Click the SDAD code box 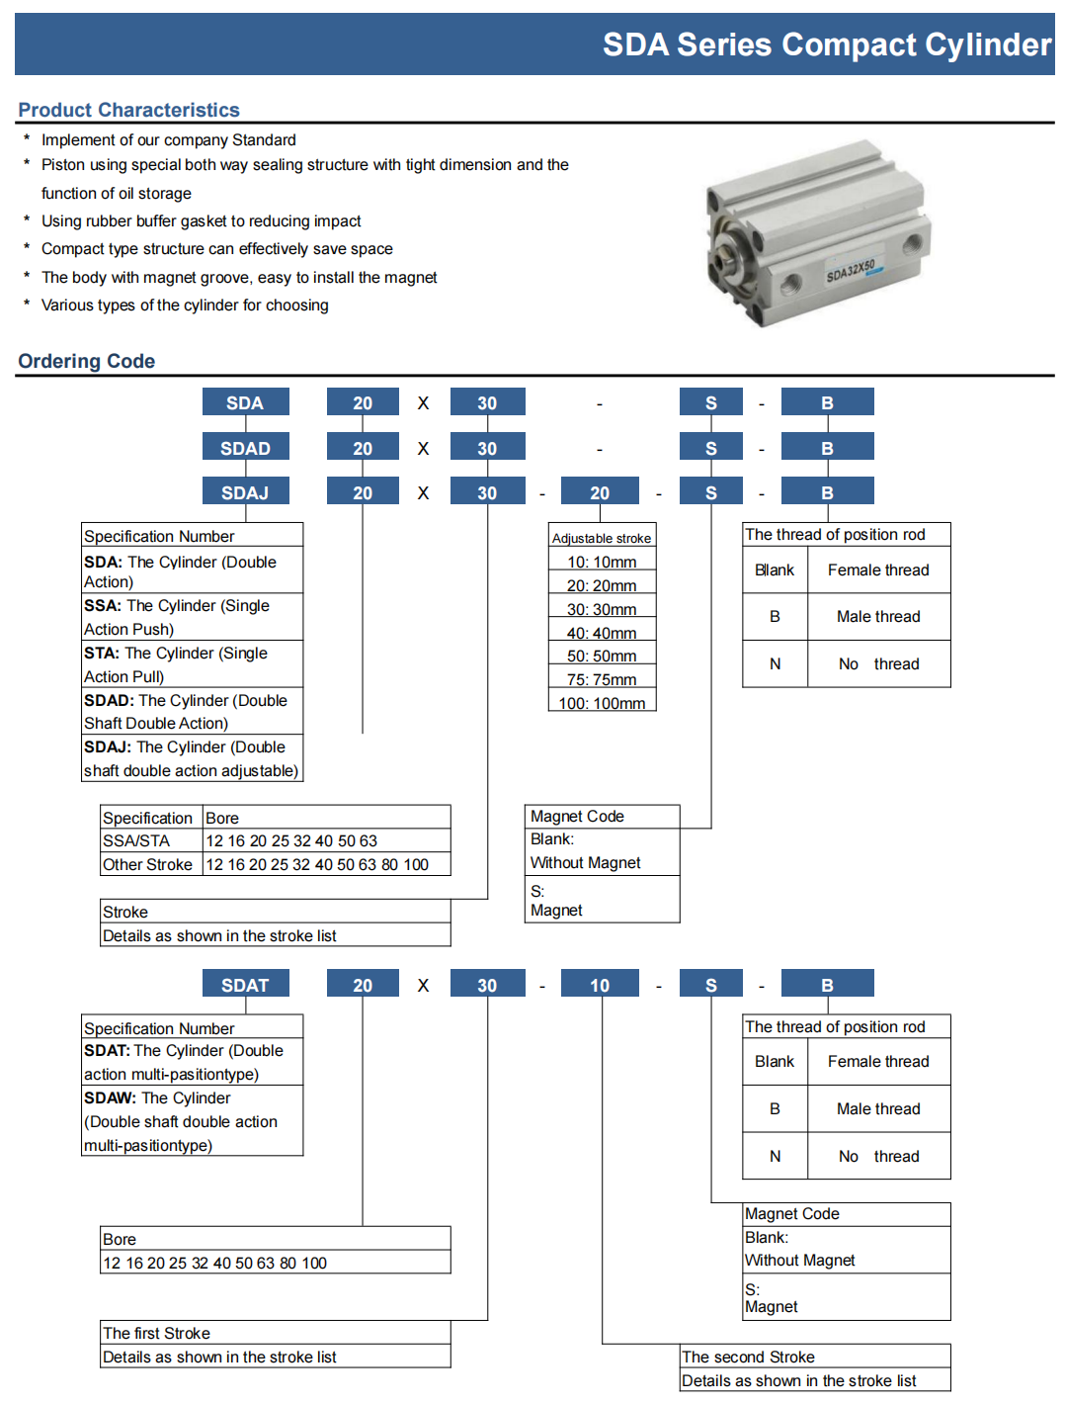coord(245,448)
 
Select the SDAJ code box coord(245,492)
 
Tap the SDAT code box coord(245,985)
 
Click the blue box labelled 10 coord(600,985)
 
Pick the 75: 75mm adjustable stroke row coord(602,679)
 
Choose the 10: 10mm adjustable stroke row coord(602,562)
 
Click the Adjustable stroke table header coord(602,538)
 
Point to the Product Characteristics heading coord(128,110)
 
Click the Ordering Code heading coord(86,361)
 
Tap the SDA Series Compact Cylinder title coord(826,44)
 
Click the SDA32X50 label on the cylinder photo coord(851,270)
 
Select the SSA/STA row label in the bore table coord(136,840)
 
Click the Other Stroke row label coord(147,864)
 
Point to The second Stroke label coord(748,1357)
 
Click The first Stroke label coord(156,1333)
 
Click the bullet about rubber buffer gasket coord(201,221)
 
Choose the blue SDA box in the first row coord(245,402)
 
